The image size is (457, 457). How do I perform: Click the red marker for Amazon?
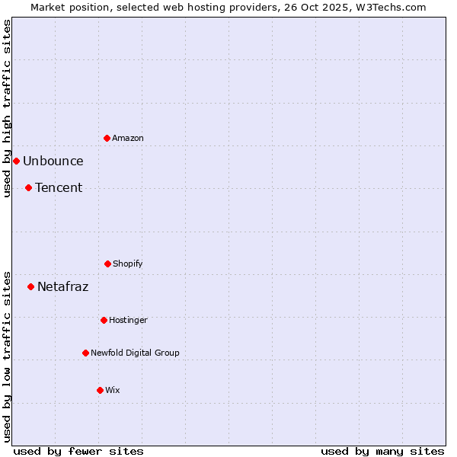pyautogui.click(x=107, y=138)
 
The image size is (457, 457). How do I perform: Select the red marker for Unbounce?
pyautogui.click(x=16, y=161)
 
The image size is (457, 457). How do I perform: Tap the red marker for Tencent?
pyautogui.click(x=28, y=187)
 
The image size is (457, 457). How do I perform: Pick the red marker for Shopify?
pyautogui.click(x=107, y=264)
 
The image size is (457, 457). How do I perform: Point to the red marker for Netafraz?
pyautogui.click(x=30, y=286)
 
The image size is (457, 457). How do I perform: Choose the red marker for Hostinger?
pyautogui.click(x=104, y=320)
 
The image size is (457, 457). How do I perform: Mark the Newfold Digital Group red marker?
pyautogui.click(x=85, y=353)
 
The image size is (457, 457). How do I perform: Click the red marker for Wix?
pyautogui.click(x=100, y=390)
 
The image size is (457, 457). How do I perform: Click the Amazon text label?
pyautogui.click(x=128, y=138)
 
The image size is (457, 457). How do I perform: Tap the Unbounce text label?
pyautogui.click(x=53, y=161)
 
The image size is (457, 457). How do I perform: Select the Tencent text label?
pyautogui.click(x=59, y=187)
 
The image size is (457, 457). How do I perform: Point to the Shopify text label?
pyautogui.click(x=128, y=264)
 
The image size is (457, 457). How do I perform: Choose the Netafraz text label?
pyautogui.click(x=63, y=286)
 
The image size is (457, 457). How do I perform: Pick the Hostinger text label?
pyautogui.click(x=128, y=320)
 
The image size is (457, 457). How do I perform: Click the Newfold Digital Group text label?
pyautogui.click(x=136, y=353)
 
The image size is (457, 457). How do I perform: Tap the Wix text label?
pyautogui.click(x=113, y=390)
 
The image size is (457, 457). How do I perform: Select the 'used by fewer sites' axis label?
pyautogui.click(x=78, y=451)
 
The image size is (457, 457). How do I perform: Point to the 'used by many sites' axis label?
pyautogui.click(x=382, y=451)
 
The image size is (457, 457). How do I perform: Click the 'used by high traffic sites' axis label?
pyautogui.click(x=7, y=109)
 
